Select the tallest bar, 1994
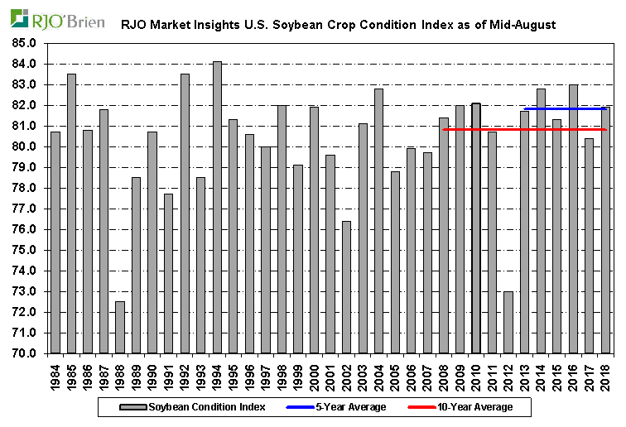click(x=217, y=207)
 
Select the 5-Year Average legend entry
click(x=340, y=406)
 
